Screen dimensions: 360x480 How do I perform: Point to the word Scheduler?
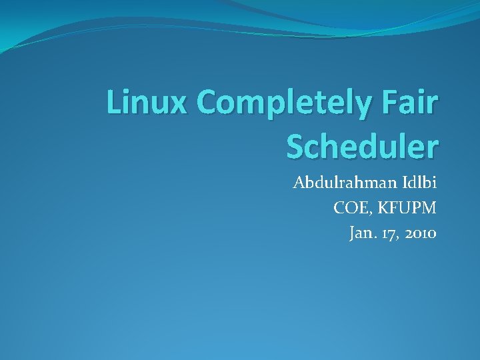click(x=362, y=146)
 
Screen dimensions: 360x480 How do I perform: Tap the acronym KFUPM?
click(x=407, y=209)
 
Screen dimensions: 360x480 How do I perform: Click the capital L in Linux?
click(x=115, y=104)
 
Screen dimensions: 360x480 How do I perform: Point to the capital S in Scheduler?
click(x=296, y=146)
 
